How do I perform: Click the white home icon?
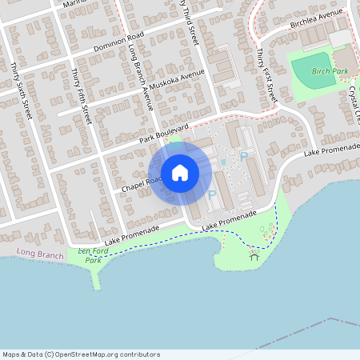[180, 172]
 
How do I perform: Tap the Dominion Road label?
[118, 41]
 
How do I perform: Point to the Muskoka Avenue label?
[181, 82]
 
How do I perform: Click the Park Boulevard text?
[163, 133]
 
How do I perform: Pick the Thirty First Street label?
[266, 74]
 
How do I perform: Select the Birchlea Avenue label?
[316, 18]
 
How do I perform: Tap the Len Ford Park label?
[94, 255]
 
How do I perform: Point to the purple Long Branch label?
[40, 254]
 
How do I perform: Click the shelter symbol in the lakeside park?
[254, 256]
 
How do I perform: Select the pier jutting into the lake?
[98, 277]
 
